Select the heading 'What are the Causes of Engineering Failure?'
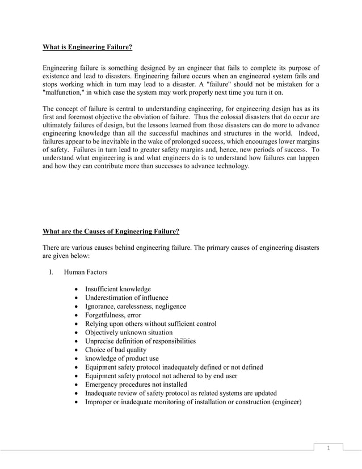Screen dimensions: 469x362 click(x=111, y=231)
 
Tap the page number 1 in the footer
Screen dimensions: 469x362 click(x=328, y=449)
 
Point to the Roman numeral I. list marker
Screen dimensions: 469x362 click(x=51, y=273)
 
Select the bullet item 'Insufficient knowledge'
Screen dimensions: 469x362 click(x=118, y=289)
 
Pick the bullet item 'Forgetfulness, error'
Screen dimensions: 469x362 click(x=113, y=315)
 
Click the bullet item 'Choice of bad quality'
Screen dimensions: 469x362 click(x=116, y=350)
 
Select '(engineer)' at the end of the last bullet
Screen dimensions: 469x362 click(x=287, y=402)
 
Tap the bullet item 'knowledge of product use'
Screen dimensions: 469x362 click(x=122, y=358)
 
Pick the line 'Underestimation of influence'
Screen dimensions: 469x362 click(x=127, y=298)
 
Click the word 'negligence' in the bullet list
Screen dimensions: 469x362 click(x=167, y=306)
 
